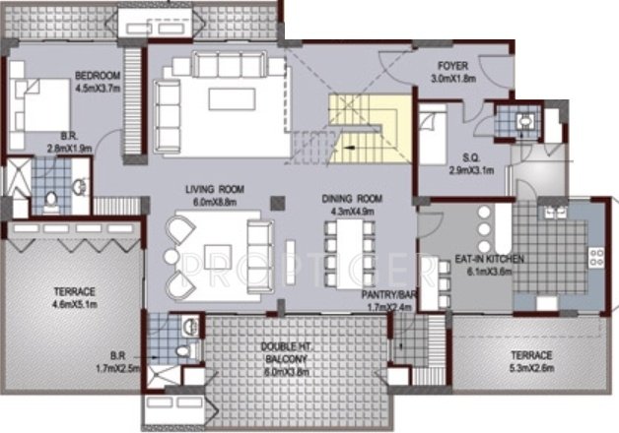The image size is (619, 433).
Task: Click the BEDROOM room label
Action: coord(98,76)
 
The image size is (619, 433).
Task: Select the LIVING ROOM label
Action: coord(215,188)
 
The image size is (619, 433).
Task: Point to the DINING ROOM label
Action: coord(350,199)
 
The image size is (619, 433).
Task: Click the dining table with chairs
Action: coord(349,252)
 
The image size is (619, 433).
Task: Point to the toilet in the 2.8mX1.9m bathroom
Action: coord(52,202)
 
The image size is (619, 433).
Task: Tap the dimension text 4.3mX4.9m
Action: coord(350,211)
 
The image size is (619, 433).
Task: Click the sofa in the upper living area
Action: coord(225,66)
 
